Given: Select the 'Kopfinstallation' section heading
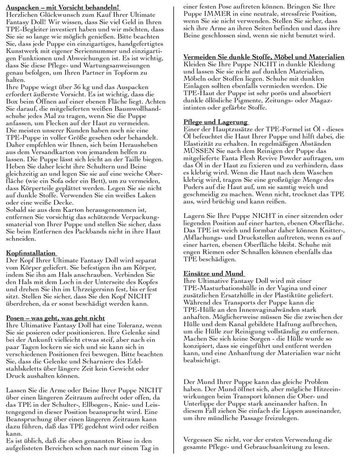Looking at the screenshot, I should (31, 252).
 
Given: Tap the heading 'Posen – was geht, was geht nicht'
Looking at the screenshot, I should (55, 318).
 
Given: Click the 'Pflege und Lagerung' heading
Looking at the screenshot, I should (215, 122).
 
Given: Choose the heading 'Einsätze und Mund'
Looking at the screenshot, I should (213, 273).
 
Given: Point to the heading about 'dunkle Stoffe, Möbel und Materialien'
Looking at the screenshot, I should (264, 57).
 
